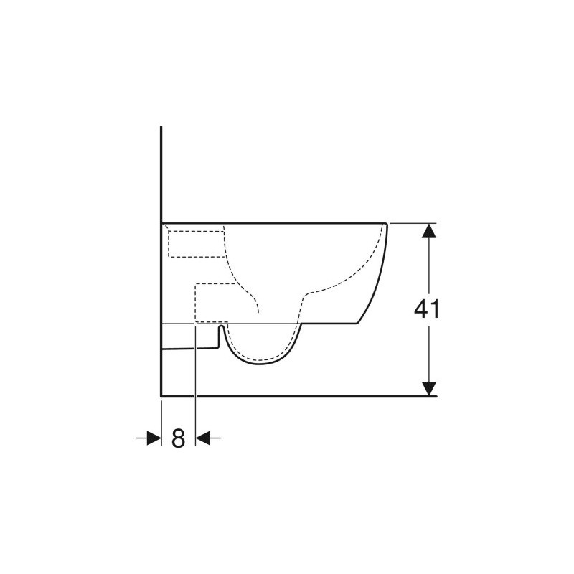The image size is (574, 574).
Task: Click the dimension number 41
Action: pyautogui.click(x=426, y=309)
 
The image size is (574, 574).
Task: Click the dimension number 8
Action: pyautogui.click(x=178, y=438)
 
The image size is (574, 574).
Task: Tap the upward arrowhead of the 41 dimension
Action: pyautogui.click(x=428, y=230)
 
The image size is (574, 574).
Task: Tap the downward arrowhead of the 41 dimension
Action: pyautogui.click(x=428, y=389)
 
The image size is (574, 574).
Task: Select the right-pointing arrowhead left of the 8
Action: pyautogui.click(x=154, y=438)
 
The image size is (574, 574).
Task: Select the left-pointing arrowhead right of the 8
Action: pyautogui.click(x=203, y=438)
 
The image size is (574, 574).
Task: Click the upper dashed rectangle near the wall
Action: pyautogui.click(x=196, y=244)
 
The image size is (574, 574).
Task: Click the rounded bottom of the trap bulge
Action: pyautogui.click(x=259, y=364)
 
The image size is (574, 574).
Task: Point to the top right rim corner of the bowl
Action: pyautogui.click(x=386, y=223)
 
